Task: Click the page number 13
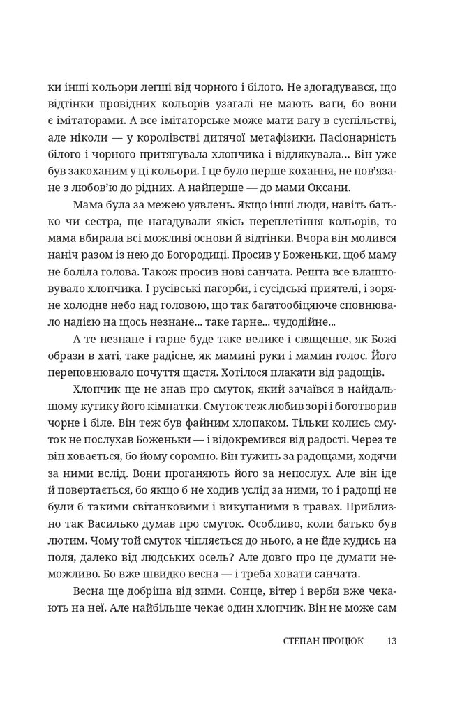pyautogui.click(x=391, y=641)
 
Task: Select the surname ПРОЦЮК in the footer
pyautogui.click(x=337, y=641)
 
